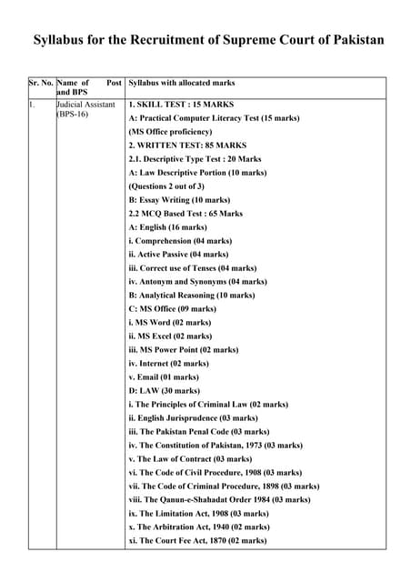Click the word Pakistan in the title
pyautogui.click(x=351, y=41)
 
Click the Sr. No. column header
pyautogui.click(x=40, y=83)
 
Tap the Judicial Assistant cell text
pyautogui.click(x=85, y=105)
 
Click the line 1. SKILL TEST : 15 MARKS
pyautogui.click(x=182, y=105)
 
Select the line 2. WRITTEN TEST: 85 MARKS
pyautogui.click(x=187, y=145)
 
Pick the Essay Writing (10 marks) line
pyautogui.click(x=180, y=200)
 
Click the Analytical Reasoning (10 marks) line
pyautogui.click(x=192, y=296)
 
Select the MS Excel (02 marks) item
pyautogui.click(x=171, y=336)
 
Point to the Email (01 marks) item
pyautogui.click(x=164, y=377)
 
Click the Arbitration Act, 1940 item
pyautogui.click(x=199, y=527)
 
